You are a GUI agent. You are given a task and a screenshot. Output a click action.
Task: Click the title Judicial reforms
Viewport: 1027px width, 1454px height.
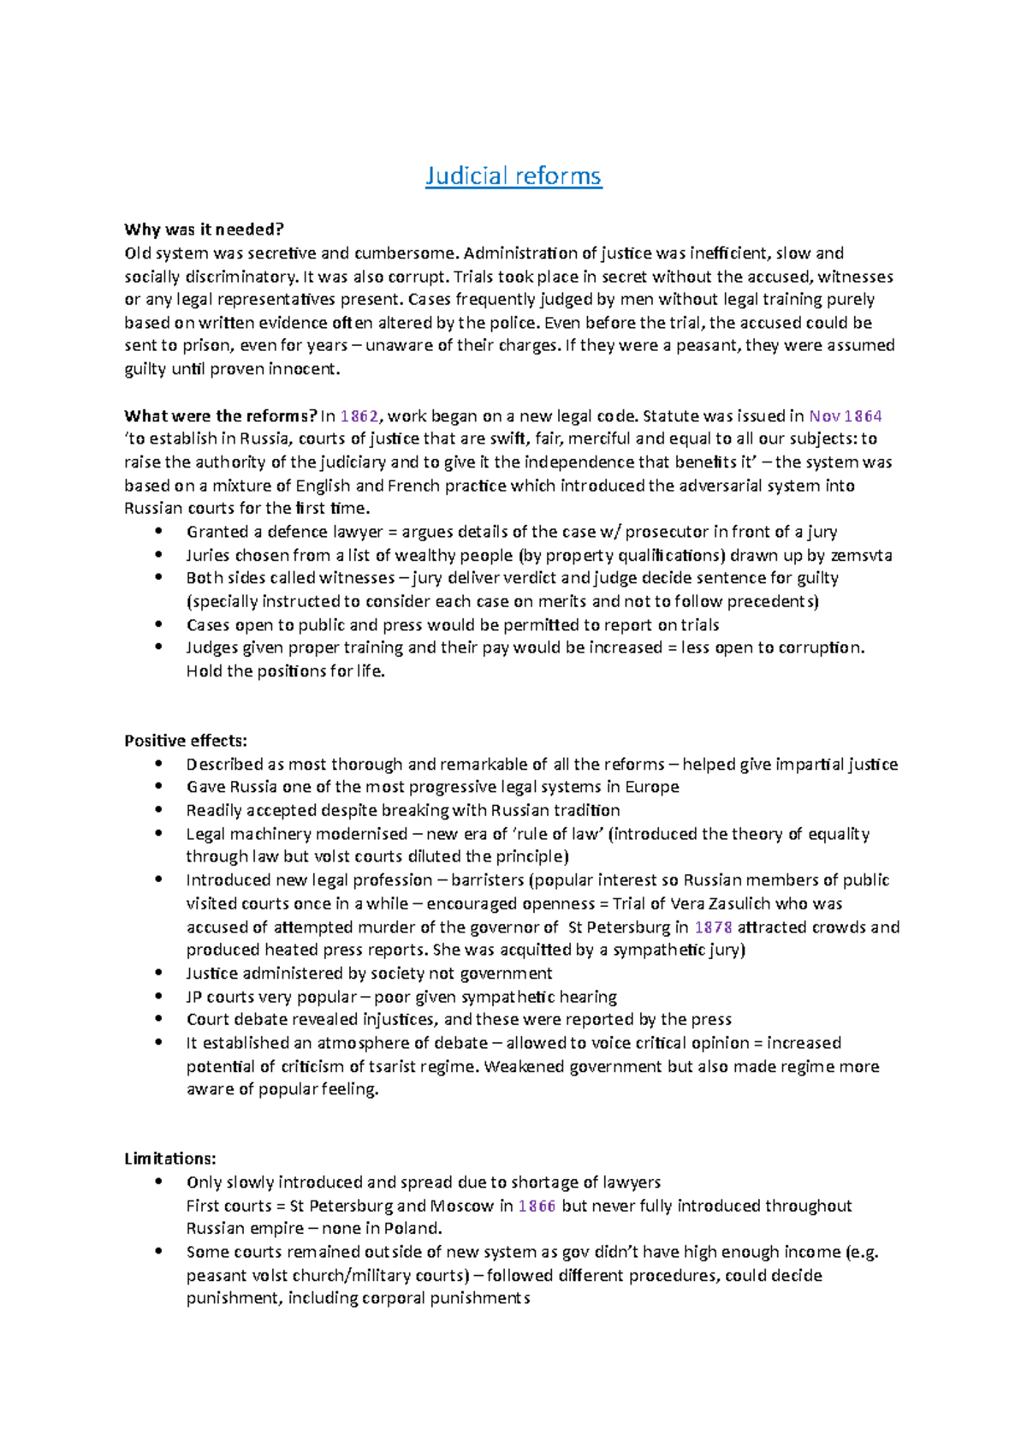coord(513,176)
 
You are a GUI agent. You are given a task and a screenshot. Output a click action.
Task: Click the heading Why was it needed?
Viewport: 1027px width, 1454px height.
coord(204,229)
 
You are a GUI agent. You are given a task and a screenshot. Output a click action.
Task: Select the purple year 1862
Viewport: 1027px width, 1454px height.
coord(359,416)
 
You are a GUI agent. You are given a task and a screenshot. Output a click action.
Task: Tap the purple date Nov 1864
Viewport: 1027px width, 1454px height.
coord(845,416)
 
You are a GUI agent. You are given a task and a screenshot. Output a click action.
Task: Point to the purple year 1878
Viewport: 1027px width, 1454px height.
coord(713,927)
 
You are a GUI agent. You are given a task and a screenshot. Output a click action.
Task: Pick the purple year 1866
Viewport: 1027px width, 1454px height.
coord(537,1206)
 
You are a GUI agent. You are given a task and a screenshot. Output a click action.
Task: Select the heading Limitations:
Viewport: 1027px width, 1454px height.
coord(169,1159)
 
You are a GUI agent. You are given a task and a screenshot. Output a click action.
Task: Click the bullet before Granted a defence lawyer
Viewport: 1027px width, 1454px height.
coord(157,532)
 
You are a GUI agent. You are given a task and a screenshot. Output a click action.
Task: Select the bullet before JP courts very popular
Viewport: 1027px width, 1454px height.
coord(157,997)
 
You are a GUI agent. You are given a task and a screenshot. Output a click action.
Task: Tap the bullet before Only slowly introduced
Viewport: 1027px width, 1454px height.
coord(157,1183)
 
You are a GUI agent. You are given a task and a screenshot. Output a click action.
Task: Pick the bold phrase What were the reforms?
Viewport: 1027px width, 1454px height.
coord(220,416)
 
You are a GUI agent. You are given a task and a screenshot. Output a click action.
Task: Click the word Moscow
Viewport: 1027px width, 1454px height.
coord(461,1206)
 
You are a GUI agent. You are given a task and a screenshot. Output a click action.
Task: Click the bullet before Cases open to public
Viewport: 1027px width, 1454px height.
coord(157,625)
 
